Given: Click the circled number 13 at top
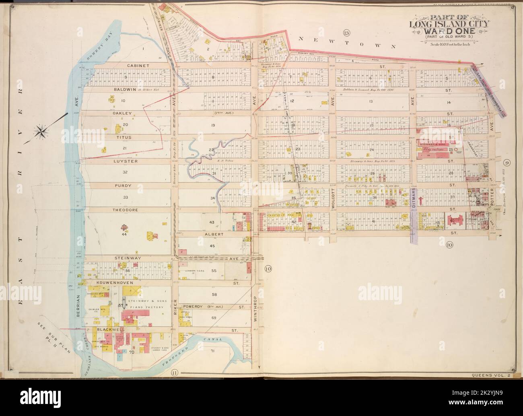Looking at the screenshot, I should (x=346, y=32).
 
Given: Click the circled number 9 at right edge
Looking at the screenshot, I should (x=507, y=163).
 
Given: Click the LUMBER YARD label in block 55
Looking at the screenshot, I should (x=194, y=271).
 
